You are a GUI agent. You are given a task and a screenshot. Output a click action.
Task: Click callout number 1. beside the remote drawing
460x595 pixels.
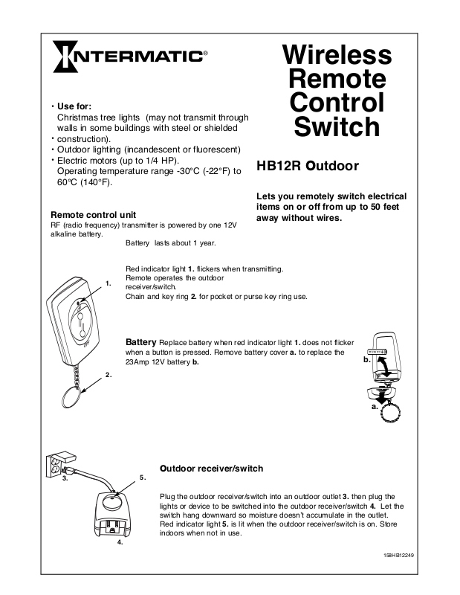point(108,283)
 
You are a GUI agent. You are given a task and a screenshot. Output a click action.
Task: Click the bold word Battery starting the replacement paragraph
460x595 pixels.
point(140,341)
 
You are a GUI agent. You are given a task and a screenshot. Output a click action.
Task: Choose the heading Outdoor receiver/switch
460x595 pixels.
point(211,469)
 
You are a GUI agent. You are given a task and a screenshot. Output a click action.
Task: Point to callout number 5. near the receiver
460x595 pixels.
point(142,476)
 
